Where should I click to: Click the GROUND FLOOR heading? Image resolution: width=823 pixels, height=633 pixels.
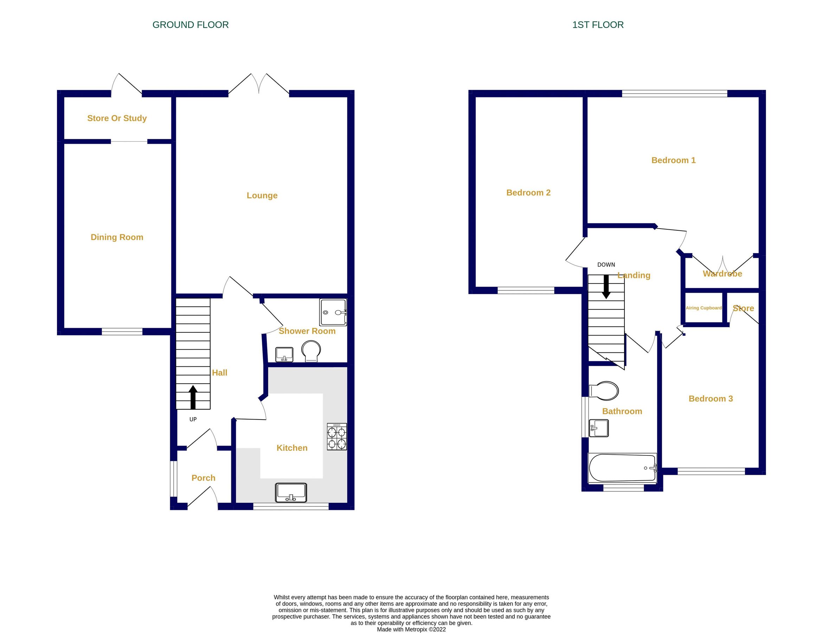coord(190,25)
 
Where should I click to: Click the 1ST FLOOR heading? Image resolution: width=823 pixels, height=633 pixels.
coord(598,25)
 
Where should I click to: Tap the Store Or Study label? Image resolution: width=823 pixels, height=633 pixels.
coord(117,118)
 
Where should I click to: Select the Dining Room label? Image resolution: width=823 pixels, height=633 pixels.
coord(117,237)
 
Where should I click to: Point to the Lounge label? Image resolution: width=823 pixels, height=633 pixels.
coord(262,195)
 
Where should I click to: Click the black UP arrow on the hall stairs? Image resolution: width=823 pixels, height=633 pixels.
coord(193,397)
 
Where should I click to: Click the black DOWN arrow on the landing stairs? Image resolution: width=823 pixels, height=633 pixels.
coord(606,286)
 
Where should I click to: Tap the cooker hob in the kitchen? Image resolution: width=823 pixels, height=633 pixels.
coord(336,437)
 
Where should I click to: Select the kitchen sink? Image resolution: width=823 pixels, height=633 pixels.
coord(291,492)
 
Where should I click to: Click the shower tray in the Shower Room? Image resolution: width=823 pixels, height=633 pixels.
coord(333,312)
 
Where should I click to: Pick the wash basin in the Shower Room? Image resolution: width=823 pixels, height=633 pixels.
coord(284,354)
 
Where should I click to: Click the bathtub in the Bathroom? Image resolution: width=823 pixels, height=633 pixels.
coord(622,468)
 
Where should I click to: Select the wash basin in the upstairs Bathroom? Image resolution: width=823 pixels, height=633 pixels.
coord(599,428)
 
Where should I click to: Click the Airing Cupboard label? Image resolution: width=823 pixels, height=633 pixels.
coord(703,308)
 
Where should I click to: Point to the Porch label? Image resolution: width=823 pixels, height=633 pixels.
coord(204,478)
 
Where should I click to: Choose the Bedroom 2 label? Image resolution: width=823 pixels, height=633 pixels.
coord(528,193)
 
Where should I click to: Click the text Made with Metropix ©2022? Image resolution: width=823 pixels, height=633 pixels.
coord(411,629)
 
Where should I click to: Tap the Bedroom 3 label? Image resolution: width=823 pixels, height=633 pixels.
coord(711,399)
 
